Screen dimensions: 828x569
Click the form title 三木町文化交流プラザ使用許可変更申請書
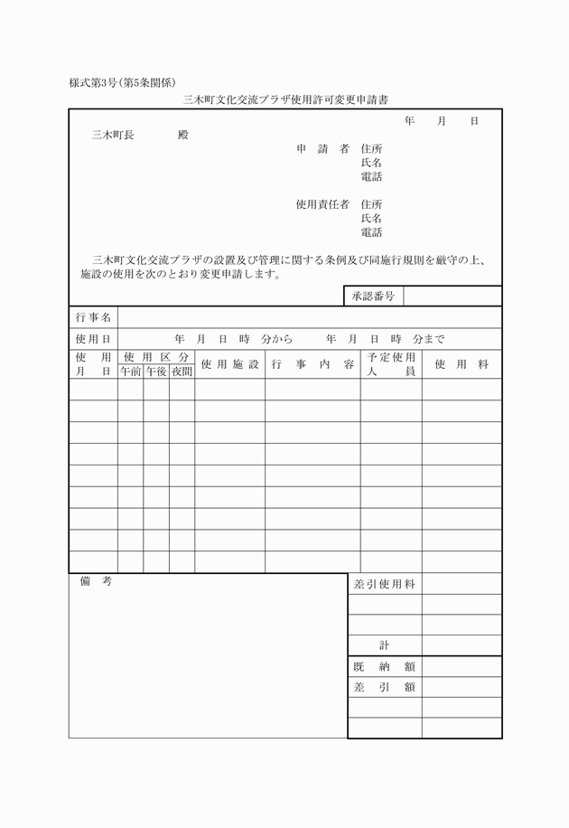(285, 99)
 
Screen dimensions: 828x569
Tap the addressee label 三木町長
(113, 135)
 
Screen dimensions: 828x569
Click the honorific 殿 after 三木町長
(182, 135)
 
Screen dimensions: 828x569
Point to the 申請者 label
(322, 148)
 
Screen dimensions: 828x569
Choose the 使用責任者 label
(322, 204)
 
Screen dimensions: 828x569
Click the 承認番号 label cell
(373, 296)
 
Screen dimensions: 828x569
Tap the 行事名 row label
(93, 317)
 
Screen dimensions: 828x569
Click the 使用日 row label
(93, 339)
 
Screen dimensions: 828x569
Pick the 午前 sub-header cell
(130, 371)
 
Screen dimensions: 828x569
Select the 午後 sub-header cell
(156, 371)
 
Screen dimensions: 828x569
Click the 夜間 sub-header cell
(182, 371)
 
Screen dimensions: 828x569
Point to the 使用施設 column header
(229, 364)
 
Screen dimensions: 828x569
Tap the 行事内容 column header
(312, 364)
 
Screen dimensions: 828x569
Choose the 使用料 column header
(462, 364)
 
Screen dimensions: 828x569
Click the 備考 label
(95, 582)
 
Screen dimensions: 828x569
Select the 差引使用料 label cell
(385, 584)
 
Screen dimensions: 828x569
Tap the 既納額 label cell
(385, 666)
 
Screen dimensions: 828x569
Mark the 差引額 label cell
(385, 687)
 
